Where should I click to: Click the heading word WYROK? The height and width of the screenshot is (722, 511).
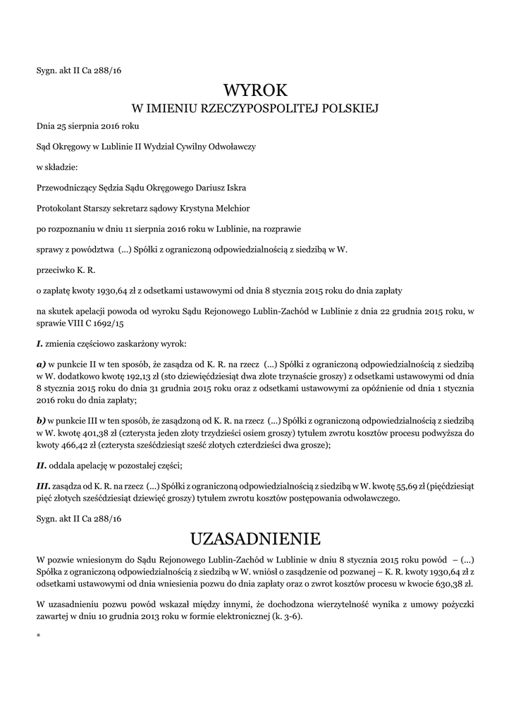point(255,90)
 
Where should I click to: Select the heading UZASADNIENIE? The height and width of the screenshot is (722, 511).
point(255,539)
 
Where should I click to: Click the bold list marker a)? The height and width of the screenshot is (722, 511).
point(41,365)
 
